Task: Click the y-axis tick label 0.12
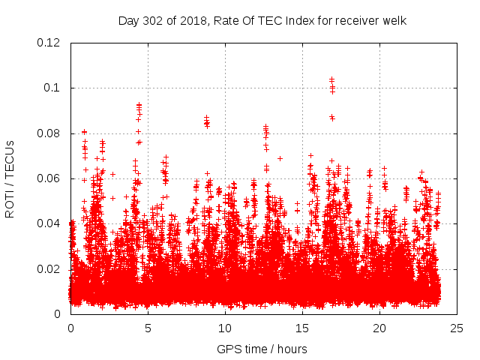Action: click(49, 43)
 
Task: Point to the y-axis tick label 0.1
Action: click(53, 88)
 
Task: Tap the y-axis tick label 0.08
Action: click(49, 133)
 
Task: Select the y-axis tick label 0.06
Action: click(49, 178)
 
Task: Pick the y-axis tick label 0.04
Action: click(49, 223)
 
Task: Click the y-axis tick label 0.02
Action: click(49, 268)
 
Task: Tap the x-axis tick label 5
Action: click(148, 328)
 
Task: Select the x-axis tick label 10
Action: click(225, 328)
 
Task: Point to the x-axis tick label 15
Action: click(302, 328)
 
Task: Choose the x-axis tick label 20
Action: click(379, 328)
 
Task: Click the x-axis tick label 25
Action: click(457, 328)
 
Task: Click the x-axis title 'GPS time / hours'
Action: click(262, 349)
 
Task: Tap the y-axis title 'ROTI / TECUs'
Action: click(10, 178)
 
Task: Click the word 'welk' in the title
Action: click(394, 20)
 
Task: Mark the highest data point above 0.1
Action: click(331, 78)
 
